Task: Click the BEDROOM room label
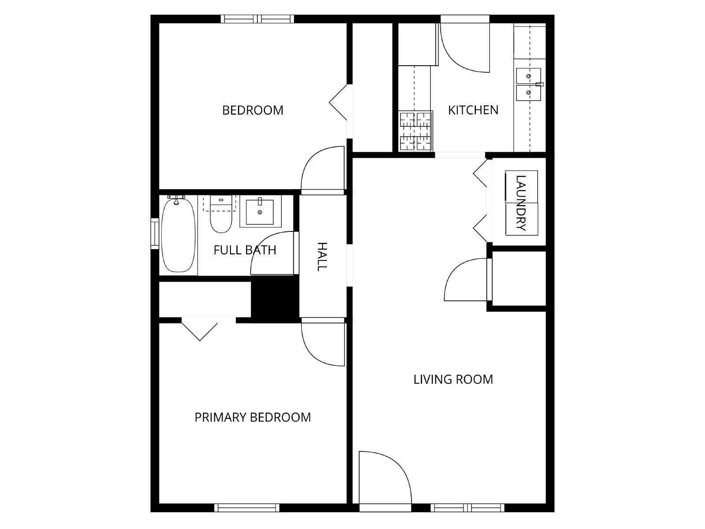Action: [x=253, y=111]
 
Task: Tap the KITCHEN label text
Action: [x=473, y=110]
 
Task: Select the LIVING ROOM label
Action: [x=453, y=379]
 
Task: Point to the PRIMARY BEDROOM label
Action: [x=253, y=417]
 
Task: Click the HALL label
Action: [x=322, y=257]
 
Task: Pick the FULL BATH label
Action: [x=245, y=250]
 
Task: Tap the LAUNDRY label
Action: [x=521, y=203]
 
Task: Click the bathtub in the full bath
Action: [x=178, y=235]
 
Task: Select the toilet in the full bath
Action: [x=221, y=214]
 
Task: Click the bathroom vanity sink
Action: [x=260, y=211]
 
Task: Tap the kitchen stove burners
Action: [x=416, y=131]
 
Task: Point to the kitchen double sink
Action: [x=529, y=84]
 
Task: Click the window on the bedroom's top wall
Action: [x=257, y=19]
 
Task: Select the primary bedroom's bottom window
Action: [x=247, y=508]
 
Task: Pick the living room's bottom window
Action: [x=468, y=508]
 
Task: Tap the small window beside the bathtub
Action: [x=155, y=234]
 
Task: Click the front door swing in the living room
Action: [x=385, y=477]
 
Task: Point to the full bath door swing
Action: [x=272, y=253]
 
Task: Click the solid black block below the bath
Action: [x=275, y=299]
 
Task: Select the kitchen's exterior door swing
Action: [x=465, y=48]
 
